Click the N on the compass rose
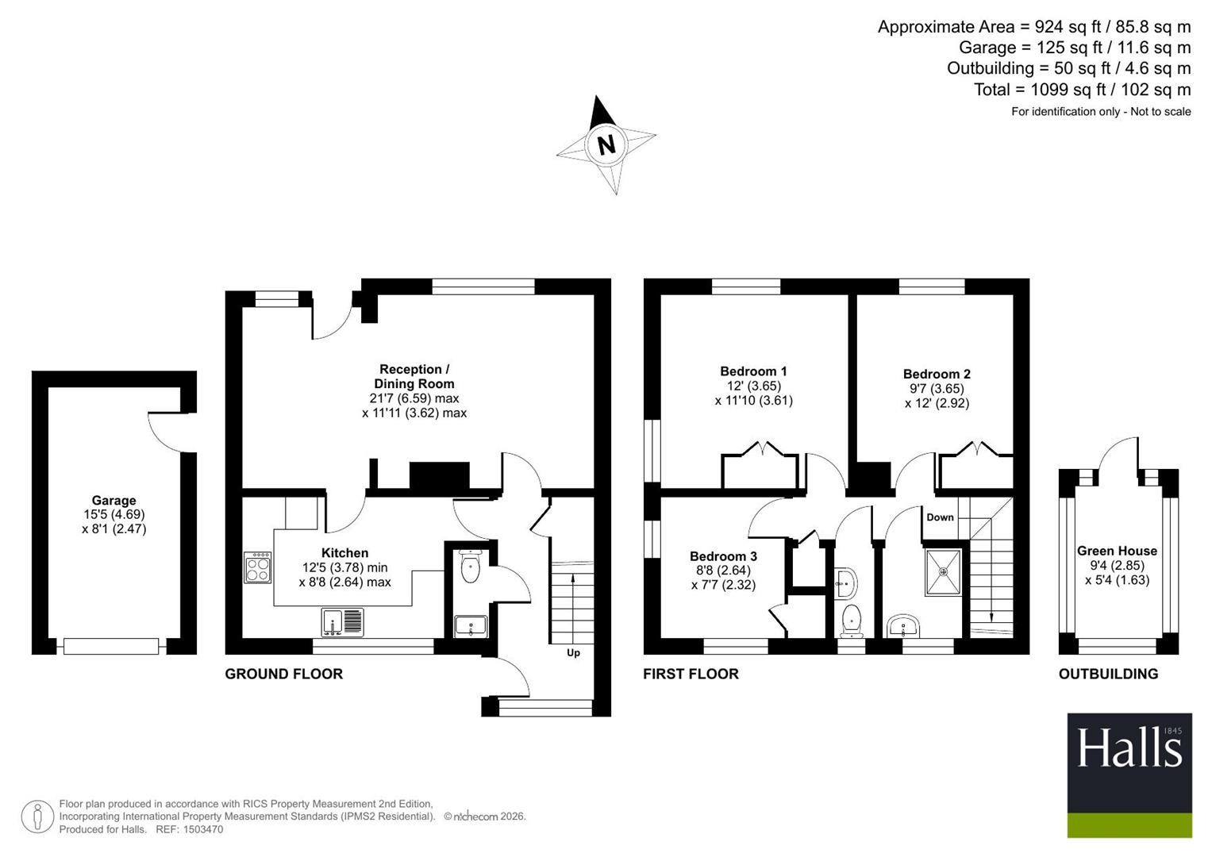pyautogui.click(x=606, y=145)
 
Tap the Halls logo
pyautogui.click(x=1129, y=774)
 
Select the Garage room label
pyautogui.click(x=114, y=501)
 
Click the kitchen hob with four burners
pyautogui.click(x=258, y=567)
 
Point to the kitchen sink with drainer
pyautogui.click(x=343, y=622)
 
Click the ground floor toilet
pyautogui.click(x=470, y=566)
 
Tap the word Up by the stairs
pyautogui.click(x=573, y=653)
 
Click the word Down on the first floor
pyautogui.click(x=940, y=517)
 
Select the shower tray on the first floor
pyautogui.click(x=943, y=572)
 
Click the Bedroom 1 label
pyautogui.click(x=753, y=371)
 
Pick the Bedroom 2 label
pyautogui.click(x=937, y=374)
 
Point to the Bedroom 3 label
pyautogui.click(x=723, y=556)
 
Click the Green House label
pyautogui.click(x=1117, y=551)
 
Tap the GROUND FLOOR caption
pyautogui.click(x=284, y=674)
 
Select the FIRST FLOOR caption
pyautogui.click(x=691, y=674)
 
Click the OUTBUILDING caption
pyautogui.click(x=1109, y=674)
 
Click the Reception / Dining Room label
pyautogui.click(x=414, y=377)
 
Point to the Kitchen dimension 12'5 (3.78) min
pyautogui.click(x=344, y=567)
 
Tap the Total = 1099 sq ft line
pyautogui.click(x=1082, y=89)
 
